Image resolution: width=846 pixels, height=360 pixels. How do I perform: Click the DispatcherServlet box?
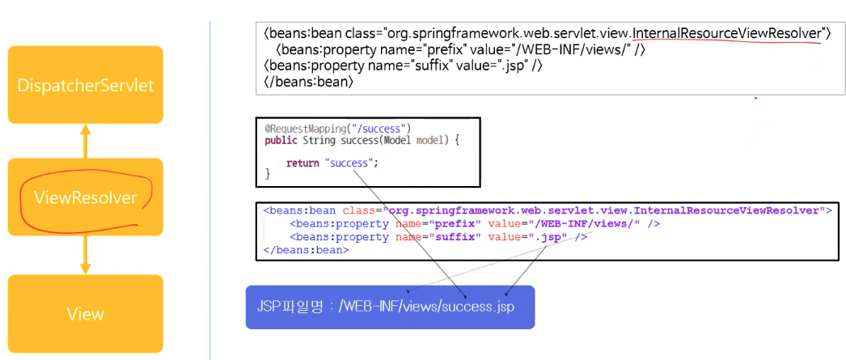[85, 84]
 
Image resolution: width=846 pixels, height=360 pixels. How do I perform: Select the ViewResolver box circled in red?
[85, 197]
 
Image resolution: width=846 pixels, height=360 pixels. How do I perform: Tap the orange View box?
[85, 314]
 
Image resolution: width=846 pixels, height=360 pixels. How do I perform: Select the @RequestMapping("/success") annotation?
[338, 128]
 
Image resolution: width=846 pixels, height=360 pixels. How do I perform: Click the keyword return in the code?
[303, 163]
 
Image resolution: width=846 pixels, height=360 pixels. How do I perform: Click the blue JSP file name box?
[390, 307]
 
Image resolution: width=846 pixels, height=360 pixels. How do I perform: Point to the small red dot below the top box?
[756, 98]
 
